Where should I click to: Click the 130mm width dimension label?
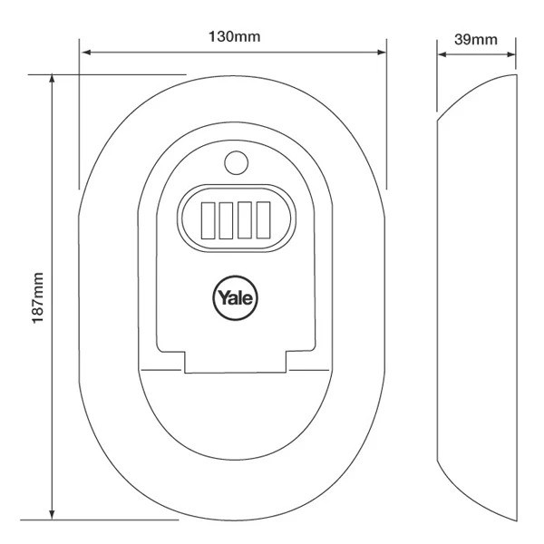(233, 37)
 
